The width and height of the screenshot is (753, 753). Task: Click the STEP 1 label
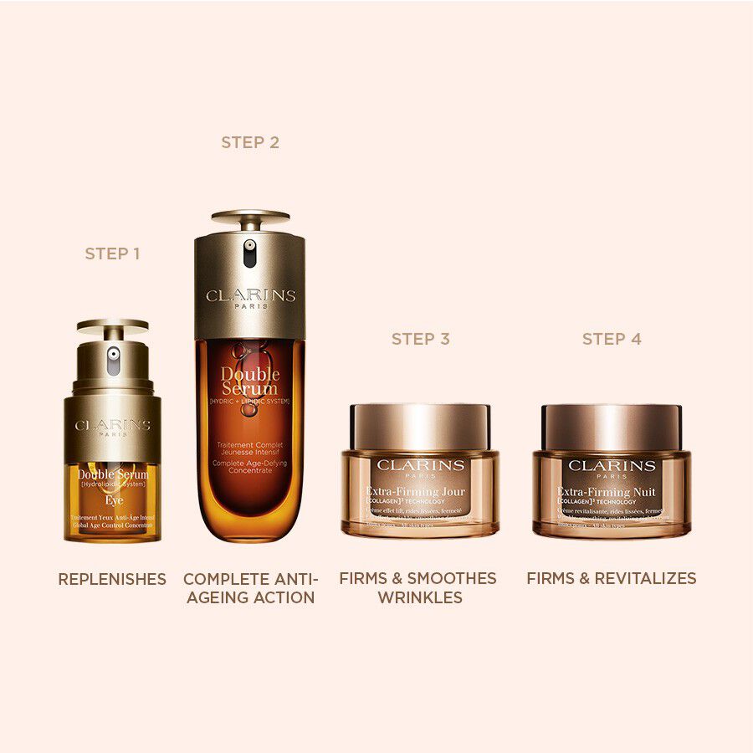point(112,253)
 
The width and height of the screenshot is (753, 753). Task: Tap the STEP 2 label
point(250,142)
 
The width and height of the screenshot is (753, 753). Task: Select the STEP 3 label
point(421,339)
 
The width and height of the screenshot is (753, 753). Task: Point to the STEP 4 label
point(612,339)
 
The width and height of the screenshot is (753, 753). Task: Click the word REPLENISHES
point(112,579)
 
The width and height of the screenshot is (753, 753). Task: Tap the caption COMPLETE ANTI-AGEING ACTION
point(250,588)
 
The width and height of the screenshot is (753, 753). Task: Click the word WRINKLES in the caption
point(420,597)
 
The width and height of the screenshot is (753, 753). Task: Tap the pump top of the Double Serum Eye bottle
point(112,327)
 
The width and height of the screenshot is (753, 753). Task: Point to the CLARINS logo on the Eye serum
point(112,425)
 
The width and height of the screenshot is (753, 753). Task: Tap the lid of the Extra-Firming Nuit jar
point(612,427)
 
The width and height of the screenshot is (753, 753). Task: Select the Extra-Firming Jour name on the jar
point(415,491)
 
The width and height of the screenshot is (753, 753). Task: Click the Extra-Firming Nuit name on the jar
point(607,491)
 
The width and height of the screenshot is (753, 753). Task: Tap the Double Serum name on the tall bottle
point(250,381)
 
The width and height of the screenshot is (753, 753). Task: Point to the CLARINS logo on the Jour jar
point(420,465)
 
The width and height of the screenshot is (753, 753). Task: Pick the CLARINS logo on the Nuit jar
point(612,465)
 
